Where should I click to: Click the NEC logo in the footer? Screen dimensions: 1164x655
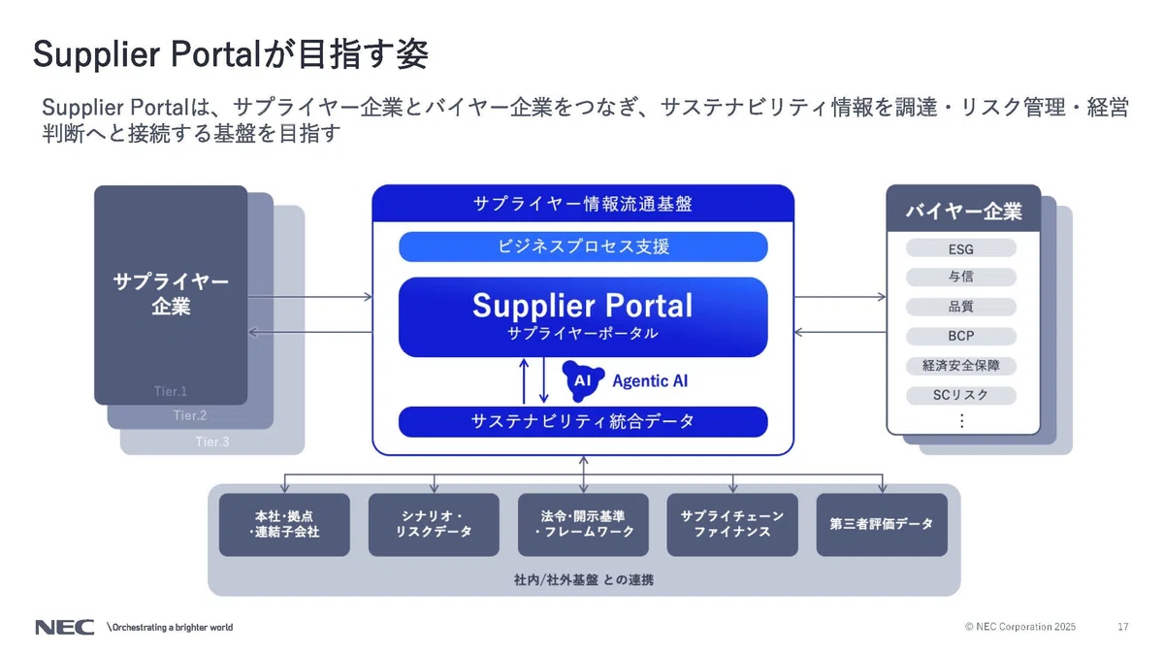click(x=64, y=628)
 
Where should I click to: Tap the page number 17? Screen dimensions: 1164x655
click(x=1123, y=627)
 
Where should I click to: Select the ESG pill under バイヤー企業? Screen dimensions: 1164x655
click(x=961, y=248)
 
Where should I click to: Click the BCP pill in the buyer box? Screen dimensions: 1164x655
click(x=961, y=336)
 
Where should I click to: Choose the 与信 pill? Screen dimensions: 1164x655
click(x=961, y=277)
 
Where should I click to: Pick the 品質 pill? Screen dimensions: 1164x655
click(x=961, y=307)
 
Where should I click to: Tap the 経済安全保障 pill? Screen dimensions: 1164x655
click(x=961, y=366)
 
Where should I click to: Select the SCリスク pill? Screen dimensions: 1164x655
click(x=961, y=395)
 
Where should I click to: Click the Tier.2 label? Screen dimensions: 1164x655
click(x=190, y=415)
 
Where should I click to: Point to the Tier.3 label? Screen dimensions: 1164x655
click(x=212, y=442)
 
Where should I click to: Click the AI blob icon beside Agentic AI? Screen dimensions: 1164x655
click(x=583, y=380)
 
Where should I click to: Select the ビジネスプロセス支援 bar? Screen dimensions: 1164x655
click(x=583, y=246)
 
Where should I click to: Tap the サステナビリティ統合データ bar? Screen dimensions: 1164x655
click(x=583, y=421)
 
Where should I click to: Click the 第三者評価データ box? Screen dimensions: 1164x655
click(x=882, y=525)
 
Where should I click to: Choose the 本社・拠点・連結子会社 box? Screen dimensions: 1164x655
click(x=284, y=525)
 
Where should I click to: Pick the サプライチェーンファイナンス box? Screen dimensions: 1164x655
click(x=732, y=525)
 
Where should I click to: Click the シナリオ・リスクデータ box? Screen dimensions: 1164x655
click(x=434, y=525)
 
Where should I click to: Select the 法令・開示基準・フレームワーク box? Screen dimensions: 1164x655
click(x=583, y=525)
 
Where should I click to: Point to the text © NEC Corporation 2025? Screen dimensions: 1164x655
click(x=1020, y=627)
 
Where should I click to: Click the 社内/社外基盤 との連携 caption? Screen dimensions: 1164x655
click(x=584, y=579)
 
